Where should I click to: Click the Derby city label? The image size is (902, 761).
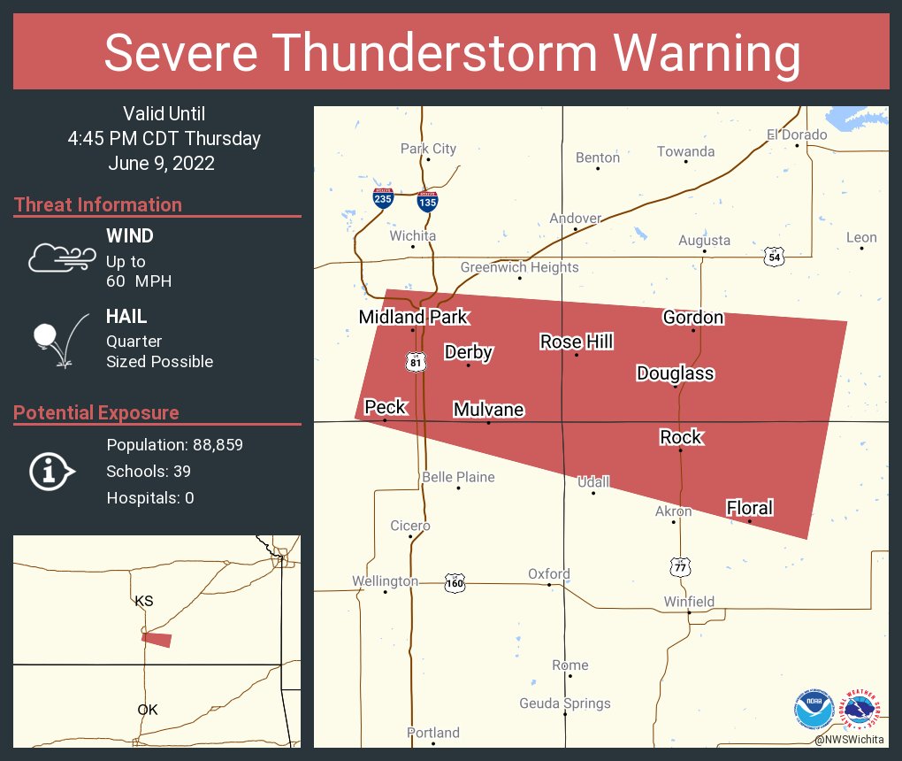(x=468, y=352)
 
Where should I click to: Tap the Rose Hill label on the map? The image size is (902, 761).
(x=577, y=342)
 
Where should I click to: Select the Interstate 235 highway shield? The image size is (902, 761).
(x=383, y=198)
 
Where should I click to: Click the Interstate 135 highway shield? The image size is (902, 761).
(x=427, y=200)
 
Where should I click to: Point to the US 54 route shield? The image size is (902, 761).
(x=775, y=257)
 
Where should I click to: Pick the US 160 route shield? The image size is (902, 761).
(x=455, y=583)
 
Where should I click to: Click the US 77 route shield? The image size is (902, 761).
(x=678, y=566)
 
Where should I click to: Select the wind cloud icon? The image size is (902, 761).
(x=60, y=258)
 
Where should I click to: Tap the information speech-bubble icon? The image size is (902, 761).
(x=51, y=471)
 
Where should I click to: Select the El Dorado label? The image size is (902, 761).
(x=797, y=135)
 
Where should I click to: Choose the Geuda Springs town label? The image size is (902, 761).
(x=564, y=703)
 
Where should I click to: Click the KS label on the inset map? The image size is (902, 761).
(x=144, y=601)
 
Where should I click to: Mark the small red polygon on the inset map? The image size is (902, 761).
(x=157, y=639)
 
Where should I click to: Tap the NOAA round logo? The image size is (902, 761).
(x=814, y=710)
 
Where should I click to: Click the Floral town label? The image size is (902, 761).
(x=749, y=508)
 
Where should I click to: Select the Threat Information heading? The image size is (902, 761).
(x=98, y=204)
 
